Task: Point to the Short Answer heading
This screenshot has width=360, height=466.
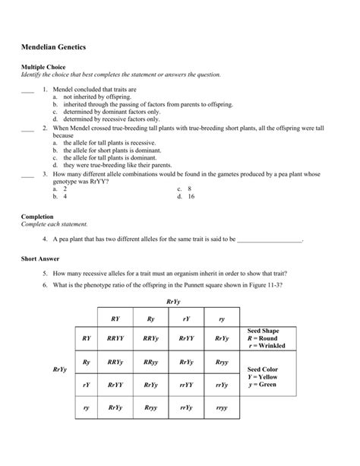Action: pyautogui.click(x=41, y=258)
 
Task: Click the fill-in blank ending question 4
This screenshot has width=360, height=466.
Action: pyautogui.click(x=270, y=239)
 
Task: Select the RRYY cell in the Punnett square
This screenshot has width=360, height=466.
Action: pyautogui.click(x=116, y=338)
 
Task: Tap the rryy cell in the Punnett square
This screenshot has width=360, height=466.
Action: pyautogui.click(x=221, y=408)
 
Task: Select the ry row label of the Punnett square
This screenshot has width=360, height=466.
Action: pyautogui.click(x=86, y=408)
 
